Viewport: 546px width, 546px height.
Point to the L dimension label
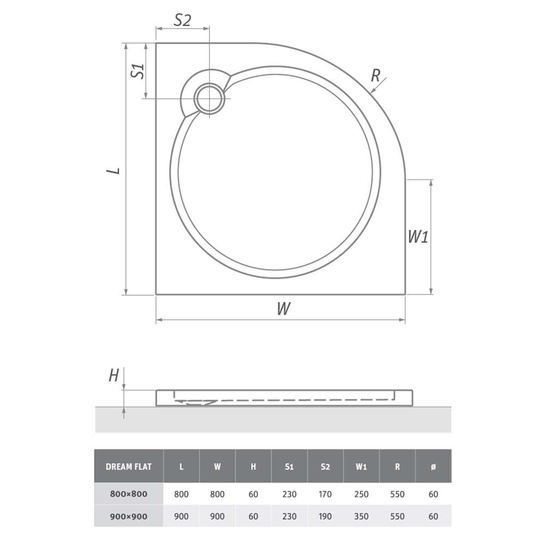pos(114,170)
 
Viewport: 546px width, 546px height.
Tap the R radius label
pos(376,75)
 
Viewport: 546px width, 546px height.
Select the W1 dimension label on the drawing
pos(418,237)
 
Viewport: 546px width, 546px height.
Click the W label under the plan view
pos(284,308)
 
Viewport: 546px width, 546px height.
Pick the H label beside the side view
pos(114,376)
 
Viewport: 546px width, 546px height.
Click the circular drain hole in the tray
pos(209,98)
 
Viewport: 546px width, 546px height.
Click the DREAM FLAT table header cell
pos(129,467)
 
